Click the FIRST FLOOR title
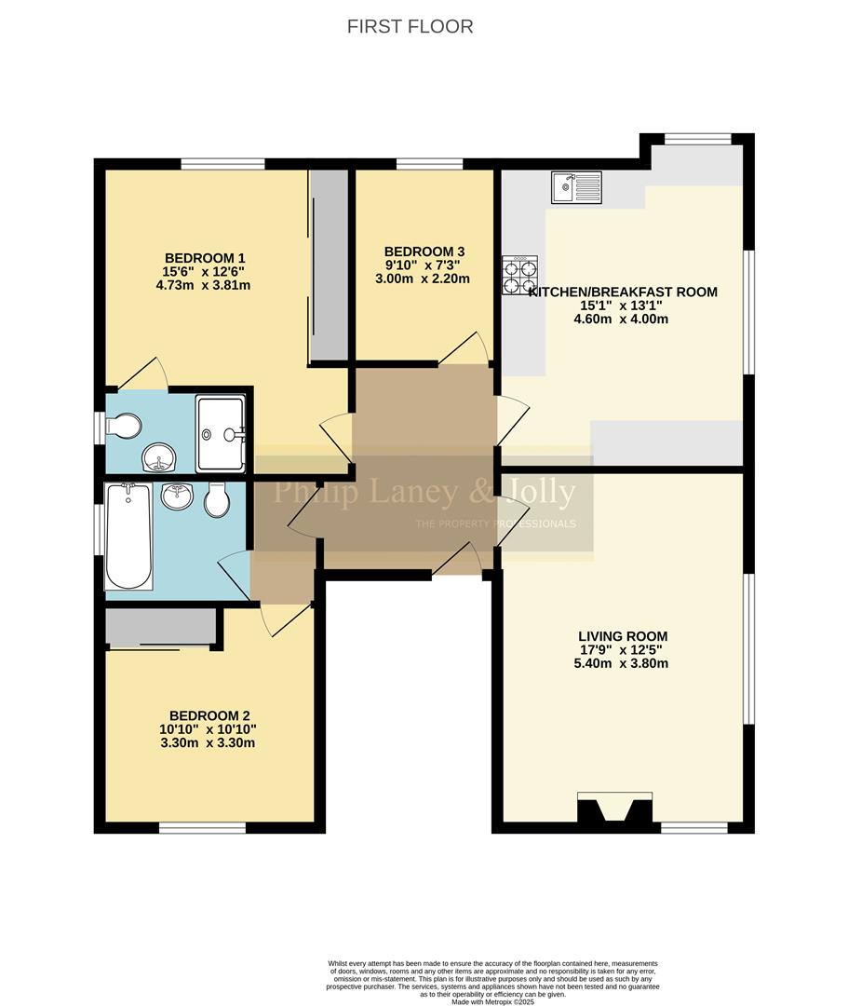[x=410, y=26]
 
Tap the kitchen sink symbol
[x=575, y=187]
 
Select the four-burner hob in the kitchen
[x=521, y=274]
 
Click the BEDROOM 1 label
[x=205, y=258]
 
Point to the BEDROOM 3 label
[x=424, y=251]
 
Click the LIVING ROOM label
[x=622, y=636]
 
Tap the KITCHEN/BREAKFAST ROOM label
[x=623, y=292]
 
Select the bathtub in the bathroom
[x=128, y=537]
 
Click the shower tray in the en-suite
[x=221, y=433]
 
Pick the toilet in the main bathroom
[x=216, y=501]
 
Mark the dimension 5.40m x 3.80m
[x=622, y=664]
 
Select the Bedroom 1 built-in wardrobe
[x=328, y=266]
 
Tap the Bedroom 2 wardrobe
[x=161, y=627]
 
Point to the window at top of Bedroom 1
[x=222, y=165]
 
